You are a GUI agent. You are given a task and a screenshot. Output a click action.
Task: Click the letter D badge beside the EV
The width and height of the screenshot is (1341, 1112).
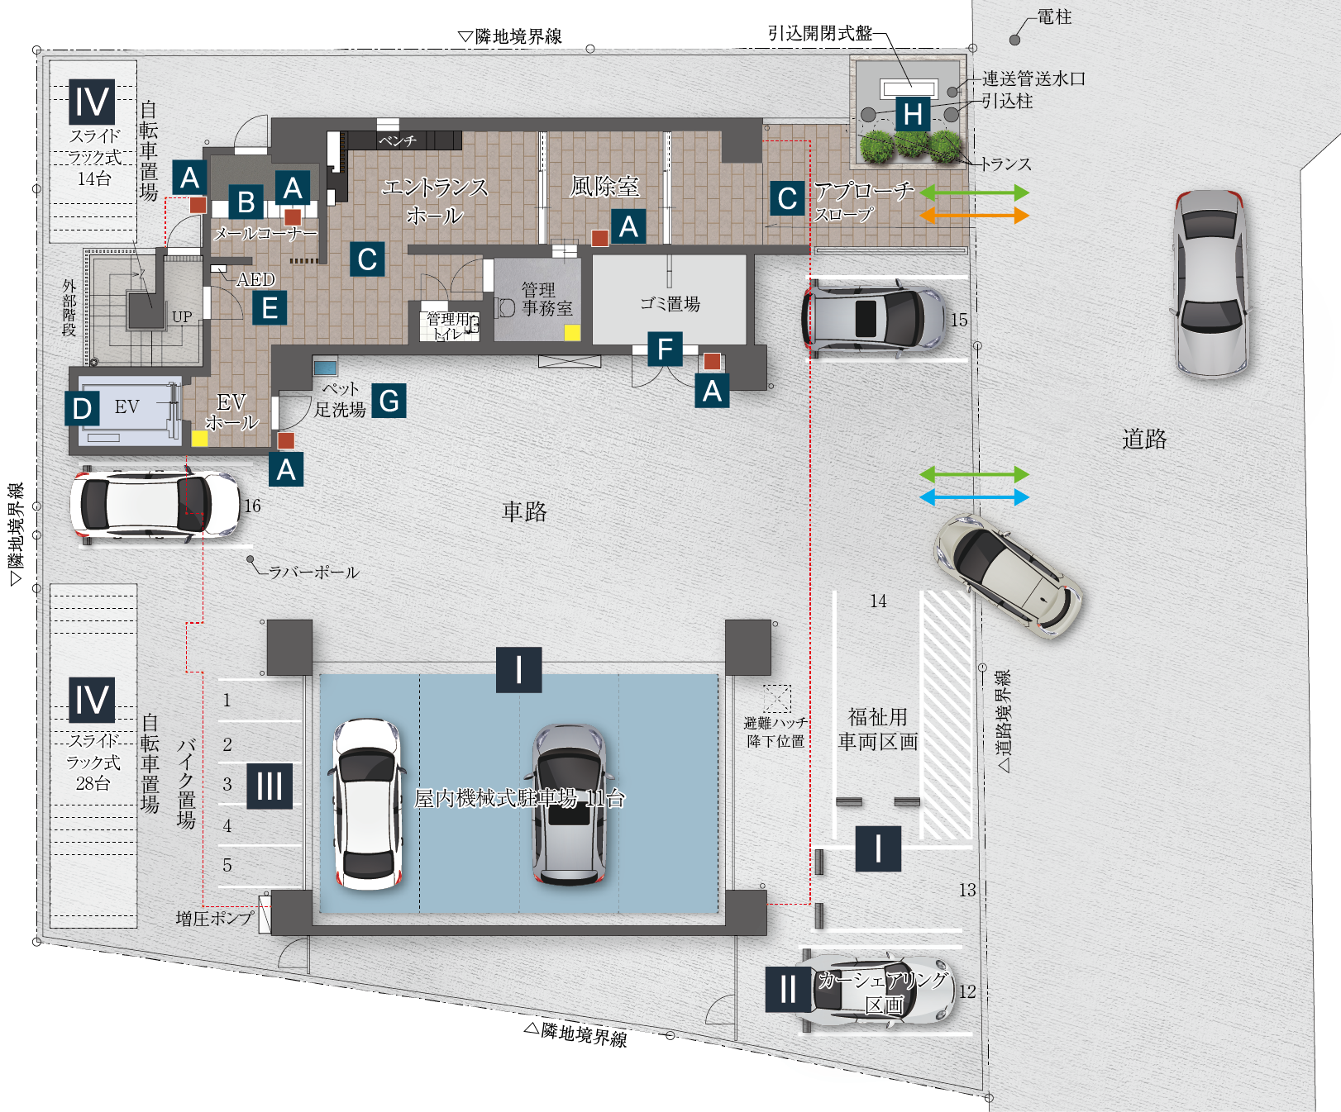coord(82,408)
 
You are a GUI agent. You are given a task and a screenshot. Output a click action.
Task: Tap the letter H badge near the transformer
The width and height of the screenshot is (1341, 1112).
coord(913,115)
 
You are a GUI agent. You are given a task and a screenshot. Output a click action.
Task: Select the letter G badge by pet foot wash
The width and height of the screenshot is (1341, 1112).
coord(389,401)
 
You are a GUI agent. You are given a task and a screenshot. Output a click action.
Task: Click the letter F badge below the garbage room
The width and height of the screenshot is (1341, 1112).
coord(665,349)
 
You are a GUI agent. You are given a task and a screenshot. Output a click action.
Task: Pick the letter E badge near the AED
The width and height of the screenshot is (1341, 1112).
coord(270,308)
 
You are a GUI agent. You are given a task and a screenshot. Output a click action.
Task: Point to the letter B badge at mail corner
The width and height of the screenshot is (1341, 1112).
coord(246,202)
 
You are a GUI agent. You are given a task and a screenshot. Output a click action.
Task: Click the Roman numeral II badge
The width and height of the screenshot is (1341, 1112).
coord(788,989)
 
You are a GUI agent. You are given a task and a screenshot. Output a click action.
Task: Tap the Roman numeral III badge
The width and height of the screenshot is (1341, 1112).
coord(270,786)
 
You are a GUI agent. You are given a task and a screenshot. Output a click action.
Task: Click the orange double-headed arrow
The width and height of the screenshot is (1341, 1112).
coord(975,216)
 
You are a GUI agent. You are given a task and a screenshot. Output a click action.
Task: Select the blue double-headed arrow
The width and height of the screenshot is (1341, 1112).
coord(975,497)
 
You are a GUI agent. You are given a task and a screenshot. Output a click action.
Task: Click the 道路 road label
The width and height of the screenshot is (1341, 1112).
coord(1144,439)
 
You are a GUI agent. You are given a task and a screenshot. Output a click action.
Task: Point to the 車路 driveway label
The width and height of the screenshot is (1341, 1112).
coord(524,511)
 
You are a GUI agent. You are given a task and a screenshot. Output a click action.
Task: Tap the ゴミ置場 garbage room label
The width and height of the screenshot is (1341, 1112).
coord(670,304)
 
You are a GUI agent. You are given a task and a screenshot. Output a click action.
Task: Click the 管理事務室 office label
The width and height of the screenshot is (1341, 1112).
coord(546,299)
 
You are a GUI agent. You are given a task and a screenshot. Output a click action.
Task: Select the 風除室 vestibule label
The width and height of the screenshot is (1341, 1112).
coord(604,187)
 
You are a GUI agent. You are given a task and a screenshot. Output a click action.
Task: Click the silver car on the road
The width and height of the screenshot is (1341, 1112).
coord(1210,283)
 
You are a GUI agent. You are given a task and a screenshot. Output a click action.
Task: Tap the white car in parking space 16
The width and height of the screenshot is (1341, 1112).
coord(155,504)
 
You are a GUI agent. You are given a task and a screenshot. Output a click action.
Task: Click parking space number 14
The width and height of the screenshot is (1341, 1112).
coord(878,601)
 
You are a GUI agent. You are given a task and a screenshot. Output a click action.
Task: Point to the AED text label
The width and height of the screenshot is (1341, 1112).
coord(255,279)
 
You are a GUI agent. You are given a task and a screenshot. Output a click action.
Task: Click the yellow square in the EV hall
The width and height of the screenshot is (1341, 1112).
coord(200,438)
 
